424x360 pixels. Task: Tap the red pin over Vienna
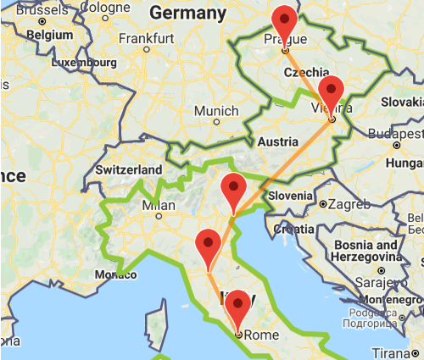(x=332, y=90)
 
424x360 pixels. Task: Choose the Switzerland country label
(x=129, y=169)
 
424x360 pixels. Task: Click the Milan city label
(x=159, y=205)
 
